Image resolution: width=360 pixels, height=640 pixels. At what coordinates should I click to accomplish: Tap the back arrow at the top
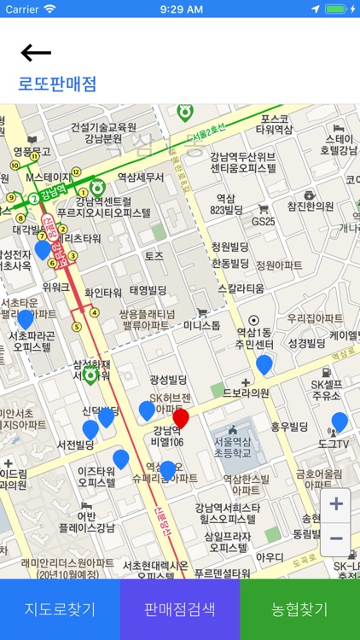(x=36, y=53)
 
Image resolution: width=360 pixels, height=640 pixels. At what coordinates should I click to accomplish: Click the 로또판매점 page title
(x=57, y=84)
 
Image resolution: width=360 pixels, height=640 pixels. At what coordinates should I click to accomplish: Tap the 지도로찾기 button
(x=60, y=609)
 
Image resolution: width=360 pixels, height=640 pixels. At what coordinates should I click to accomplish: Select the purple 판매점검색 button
(x=180, y=609)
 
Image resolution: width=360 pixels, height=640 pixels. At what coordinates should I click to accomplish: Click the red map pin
(x=181, y=419)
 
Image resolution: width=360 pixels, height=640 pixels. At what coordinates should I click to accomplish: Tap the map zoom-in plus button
(x=336, y=504)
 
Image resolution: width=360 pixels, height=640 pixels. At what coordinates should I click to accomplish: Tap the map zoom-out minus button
(x=336, y=538)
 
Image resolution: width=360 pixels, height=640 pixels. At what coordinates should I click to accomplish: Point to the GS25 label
(x=263, y=221)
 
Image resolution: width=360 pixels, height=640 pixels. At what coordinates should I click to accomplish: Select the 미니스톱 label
(x=202, y=325)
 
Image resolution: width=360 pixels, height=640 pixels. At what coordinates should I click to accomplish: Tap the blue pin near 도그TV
(x=340, y=422)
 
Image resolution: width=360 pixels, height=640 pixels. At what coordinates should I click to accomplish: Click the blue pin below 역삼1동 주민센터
(x=264, y=364)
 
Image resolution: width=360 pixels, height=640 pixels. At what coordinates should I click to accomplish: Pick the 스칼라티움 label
(x=246, y=288)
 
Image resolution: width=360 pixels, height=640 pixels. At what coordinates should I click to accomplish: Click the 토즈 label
(x=154, y=256)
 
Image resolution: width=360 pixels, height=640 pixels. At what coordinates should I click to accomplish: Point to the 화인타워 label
(x=104, y=292)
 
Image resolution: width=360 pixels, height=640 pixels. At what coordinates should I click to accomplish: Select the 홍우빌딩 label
(x=289, y=427)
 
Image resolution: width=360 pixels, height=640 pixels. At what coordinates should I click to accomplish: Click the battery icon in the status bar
(x=339, y=9)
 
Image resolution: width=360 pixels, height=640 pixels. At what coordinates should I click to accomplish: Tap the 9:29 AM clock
(x=180, y=9)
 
